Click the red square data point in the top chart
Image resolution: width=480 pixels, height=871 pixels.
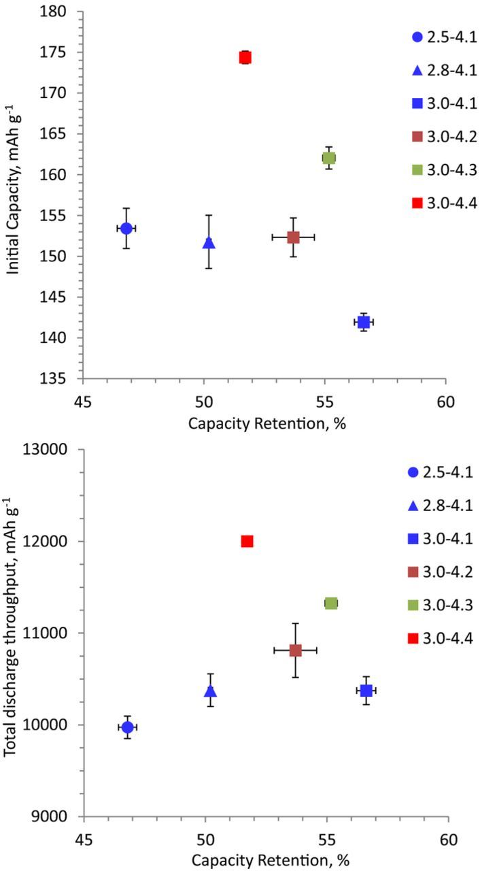tap(245, 57)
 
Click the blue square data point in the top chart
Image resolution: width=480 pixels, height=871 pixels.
tap(364, 321)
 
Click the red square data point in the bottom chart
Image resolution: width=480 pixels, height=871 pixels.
tap(247, 541)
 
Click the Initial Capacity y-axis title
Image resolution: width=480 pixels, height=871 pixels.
tap(13, 195)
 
